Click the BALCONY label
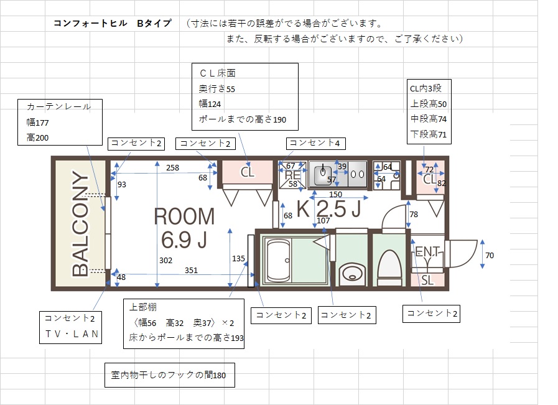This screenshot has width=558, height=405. coord(80,223)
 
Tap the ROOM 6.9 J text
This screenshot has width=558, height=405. coord(184,228)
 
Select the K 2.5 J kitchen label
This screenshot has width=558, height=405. coord(329,208)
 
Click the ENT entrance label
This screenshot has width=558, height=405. coord(427,251)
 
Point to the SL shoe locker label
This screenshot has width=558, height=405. coord(427,281)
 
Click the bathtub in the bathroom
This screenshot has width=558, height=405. coord(278,260)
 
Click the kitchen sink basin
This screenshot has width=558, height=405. coord(323,174)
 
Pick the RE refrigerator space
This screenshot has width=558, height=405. coord(292,175)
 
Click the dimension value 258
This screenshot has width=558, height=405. coord(172,167)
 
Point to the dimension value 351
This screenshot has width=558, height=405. coord(191,271)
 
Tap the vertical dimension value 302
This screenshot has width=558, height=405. coord(165,261)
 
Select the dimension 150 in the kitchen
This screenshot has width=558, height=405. coord(335,194)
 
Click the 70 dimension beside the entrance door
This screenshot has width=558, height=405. coord(490,255)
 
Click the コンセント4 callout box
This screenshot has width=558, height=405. coord(315,144)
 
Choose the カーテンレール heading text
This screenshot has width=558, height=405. coord(59,106)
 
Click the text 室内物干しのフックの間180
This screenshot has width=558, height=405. coord(169,375)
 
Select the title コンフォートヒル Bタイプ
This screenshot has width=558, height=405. coord(113,24)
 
